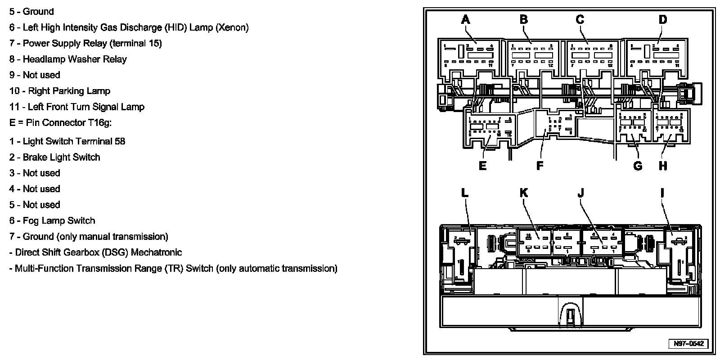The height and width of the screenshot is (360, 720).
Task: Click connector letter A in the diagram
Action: pos(465,19)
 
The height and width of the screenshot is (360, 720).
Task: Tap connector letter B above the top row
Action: pos(523,19)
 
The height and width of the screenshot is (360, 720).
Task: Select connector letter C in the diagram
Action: pos(580,19)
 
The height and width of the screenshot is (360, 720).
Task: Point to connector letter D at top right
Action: pos(662,19)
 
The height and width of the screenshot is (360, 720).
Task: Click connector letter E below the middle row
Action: pos(482,166)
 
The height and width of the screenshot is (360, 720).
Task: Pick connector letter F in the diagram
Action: pos(540,166)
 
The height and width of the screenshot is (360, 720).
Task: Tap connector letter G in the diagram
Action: pos(638,166)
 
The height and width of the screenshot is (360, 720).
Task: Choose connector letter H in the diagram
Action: pos(663,166)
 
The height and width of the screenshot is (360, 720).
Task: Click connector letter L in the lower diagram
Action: pos(465,193)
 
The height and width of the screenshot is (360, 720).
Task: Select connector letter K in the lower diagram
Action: pos(523,193)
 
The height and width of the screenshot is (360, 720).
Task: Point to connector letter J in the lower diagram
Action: pos(580,193)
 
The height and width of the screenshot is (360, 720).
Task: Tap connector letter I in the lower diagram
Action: pos(662,193)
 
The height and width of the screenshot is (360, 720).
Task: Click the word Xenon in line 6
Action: pos(231,28)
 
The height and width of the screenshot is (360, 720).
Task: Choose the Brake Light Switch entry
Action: pos(61,157)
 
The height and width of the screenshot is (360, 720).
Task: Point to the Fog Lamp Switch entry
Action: pos(59,221)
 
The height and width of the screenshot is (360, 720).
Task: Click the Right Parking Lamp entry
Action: pos(69,91)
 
